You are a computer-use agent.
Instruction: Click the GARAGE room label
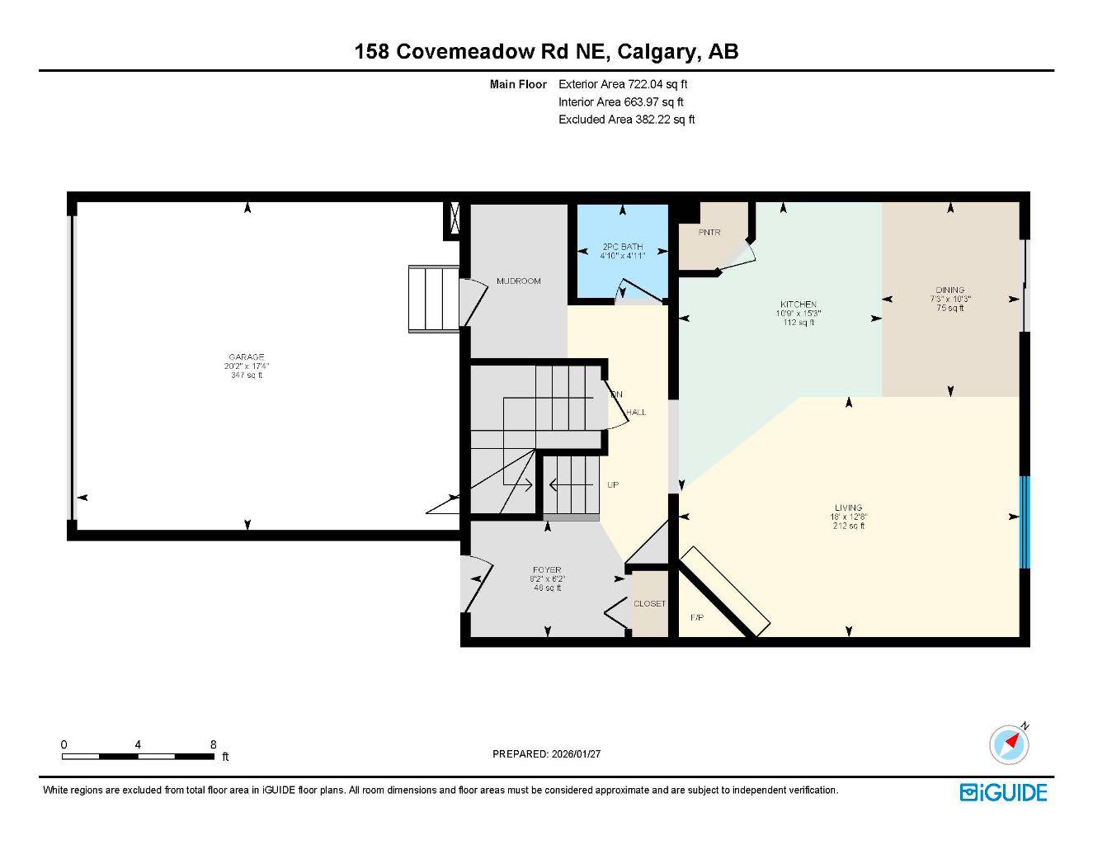(246, 357)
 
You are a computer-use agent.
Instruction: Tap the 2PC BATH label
(622, 247)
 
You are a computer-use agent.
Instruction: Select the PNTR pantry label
(709, 232)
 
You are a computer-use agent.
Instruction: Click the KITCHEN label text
(798, 304)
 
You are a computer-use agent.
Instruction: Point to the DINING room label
(950, 290)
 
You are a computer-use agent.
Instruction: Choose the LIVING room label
(848, 508)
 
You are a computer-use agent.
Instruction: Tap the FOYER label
(546, 570)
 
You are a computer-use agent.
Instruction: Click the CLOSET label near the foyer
(649, 604)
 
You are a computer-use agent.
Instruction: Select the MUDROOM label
(518, 281)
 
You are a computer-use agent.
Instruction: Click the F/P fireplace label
(695, 618)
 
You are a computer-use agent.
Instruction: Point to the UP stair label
(613, 485)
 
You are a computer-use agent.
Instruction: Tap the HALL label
(636, 413)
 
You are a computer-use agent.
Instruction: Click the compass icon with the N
(1010, 745)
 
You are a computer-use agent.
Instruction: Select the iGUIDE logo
(1003, 793)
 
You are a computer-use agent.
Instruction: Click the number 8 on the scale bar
(213, 744)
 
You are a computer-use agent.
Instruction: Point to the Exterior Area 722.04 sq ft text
(623, 84)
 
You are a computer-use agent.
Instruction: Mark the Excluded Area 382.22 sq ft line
(626, 120)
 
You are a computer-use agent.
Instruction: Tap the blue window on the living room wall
(1025, 522)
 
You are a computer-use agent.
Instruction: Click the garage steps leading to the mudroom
(433, 299)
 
